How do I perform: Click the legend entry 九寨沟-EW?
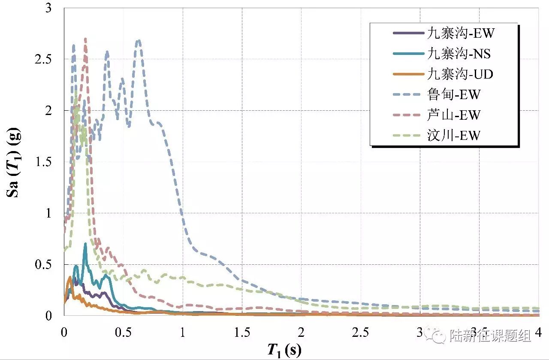click(461, 33)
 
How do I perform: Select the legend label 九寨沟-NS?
click(459, 54)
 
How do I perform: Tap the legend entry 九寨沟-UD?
click(460, 74)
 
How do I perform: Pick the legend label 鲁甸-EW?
click(454, 94)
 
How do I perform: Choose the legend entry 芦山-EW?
click(454, 115)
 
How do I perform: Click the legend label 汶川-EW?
click(454, 135)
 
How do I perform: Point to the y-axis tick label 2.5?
click(43, 59)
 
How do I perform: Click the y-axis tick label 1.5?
click(43, 162)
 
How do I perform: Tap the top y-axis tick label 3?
click(48, 8)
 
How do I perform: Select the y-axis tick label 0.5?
click(43, 264)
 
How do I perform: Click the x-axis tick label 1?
click(183, 333)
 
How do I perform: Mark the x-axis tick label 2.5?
click(360, 333)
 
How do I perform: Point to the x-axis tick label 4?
click(538, 333)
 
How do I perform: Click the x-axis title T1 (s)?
click(284, 350)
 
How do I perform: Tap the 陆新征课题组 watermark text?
click(490, 335)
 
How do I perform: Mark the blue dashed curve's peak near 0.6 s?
click(139, 40)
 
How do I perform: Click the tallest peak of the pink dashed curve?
click(85, 39)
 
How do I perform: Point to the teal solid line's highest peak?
click(85, 244)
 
